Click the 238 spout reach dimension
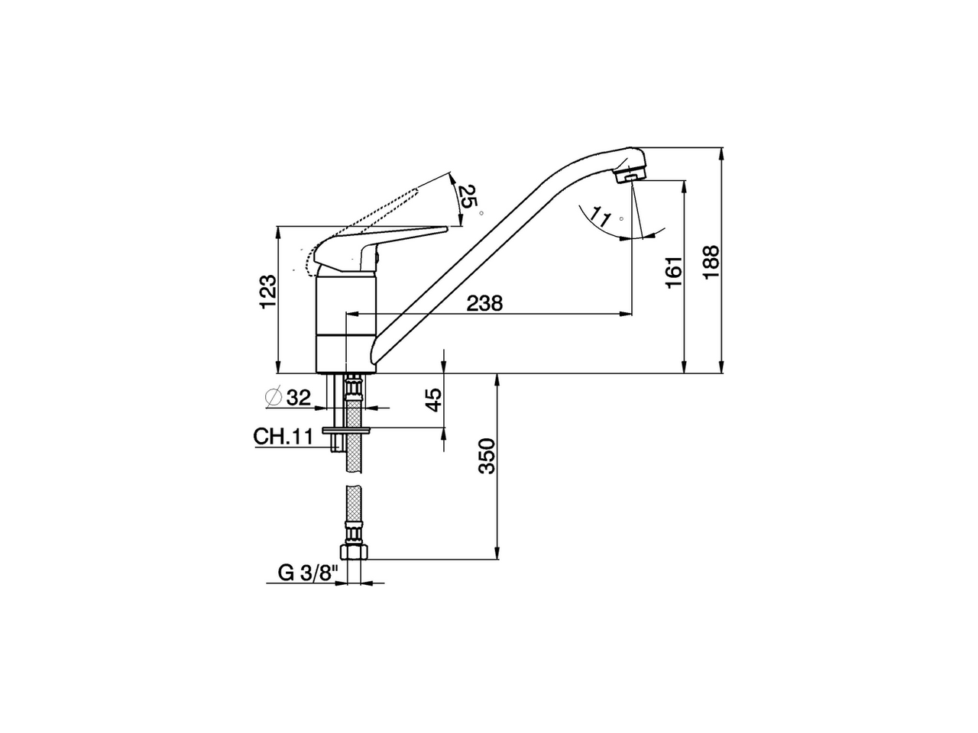pos(484,303)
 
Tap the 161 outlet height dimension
pos(672,272)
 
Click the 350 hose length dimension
pos(487,456)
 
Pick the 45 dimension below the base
pos(433,400)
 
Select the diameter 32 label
pos(288,397)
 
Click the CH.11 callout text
pos(283,436)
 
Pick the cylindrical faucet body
pos(346,325)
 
